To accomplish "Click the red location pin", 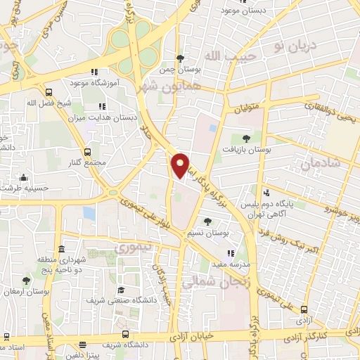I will click(x=181, y=165).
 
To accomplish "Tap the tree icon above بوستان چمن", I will click(x=181, y=58).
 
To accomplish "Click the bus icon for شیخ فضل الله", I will click(x=48, y=92).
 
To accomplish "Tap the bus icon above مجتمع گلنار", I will click(x=87, y=152).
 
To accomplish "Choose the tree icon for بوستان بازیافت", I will click(x=245, y=139).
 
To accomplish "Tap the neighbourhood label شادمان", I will click(x=320, y=165).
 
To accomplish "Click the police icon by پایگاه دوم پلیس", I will click(x=266, y=193).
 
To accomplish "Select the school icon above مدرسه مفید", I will click(x=230, y=253).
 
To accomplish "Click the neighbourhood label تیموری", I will click(x=132, y=249).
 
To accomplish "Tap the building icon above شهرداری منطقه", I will click(x=62, y=250).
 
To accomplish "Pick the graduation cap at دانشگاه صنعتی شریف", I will click(x=121, y=289).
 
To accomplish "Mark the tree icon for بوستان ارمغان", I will click(x=26, y=281).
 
